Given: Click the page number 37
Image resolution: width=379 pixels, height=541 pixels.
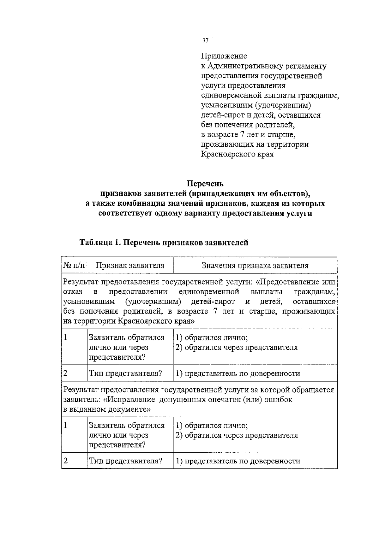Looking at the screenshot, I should click(x=205, y=41).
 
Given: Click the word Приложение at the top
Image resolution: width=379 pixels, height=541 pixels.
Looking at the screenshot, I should click(x=224, y=56).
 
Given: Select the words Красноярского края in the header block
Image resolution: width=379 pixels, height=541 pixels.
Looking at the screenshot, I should click(x=237, y=155).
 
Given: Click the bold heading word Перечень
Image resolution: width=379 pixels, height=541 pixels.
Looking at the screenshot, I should click(x=205, y=183).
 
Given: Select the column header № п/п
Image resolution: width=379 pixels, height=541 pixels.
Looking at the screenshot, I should click(x=74, y=266).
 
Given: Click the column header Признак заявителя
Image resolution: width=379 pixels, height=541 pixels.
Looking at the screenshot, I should click(x=130, y=266).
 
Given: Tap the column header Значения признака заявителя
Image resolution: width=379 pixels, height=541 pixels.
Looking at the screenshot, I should click(x=255, y=266).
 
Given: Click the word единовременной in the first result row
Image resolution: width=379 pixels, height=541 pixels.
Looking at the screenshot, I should click(x=209, y=291).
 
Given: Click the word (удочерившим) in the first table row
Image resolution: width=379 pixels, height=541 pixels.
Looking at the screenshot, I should click(x=153, y=302).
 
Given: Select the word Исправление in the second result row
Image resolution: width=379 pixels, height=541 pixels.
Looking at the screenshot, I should click(x=131, y=399).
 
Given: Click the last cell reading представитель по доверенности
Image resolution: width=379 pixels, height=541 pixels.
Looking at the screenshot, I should click(x=238, y=461).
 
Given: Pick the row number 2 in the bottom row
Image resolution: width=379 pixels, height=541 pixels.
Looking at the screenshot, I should click(x=66, y=461).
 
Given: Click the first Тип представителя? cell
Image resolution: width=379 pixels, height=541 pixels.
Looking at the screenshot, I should click(x=125, y=373).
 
